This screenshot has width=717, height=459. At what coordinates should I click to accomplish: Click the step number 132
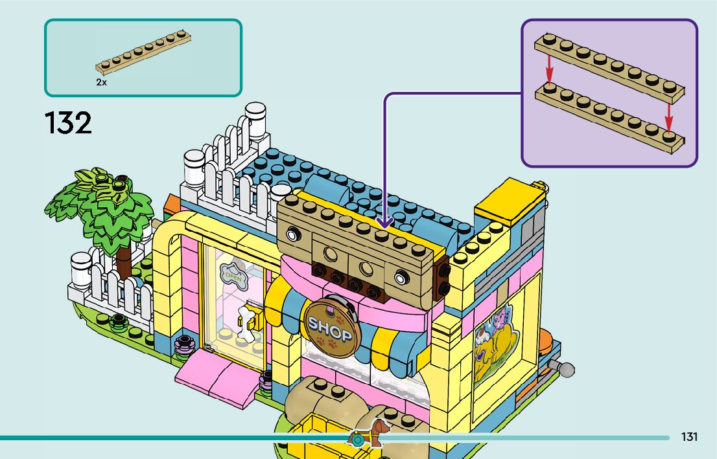(x=68, y=122)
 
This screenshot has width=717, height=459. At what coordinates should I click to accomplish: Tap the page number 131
(x=689, y=437)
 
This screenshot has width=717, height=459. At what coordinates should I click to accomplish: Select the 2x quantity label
(x=101, y=83)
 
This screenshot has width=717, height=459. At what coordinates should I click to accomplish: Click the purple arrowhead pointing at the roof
(x=384, y=222)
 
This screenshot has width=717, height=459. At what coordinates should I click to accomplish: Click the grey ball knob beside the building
(x=567, y=370)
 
